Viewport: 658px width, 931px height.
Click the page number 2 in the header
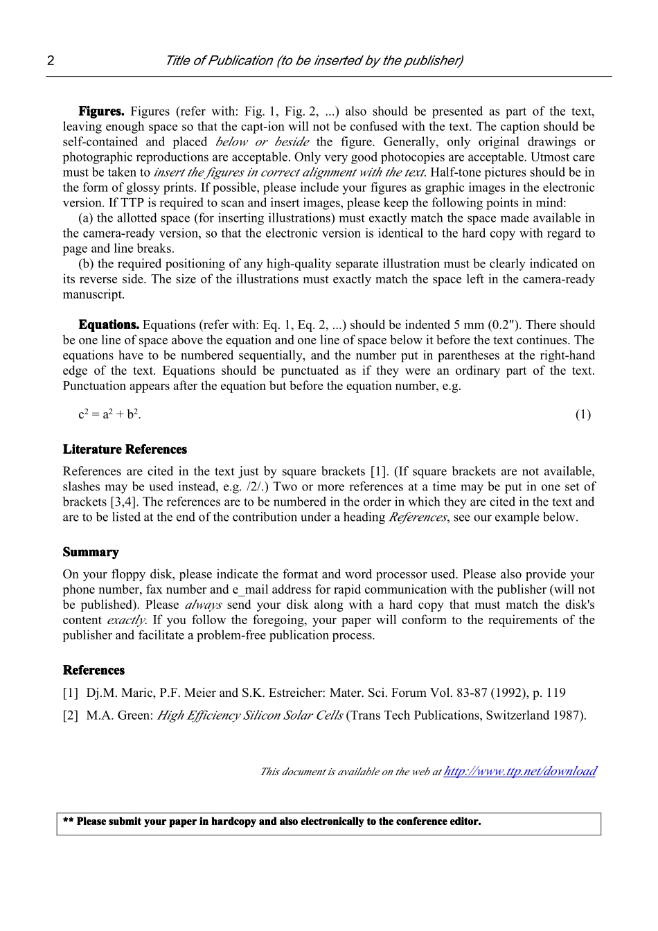(51, 60)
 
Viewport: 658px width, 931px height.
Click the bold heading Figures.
(101, 112)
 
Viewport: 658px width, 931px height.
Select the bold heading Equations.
(109, 325)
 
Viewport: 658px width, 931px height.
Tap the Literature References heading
(125, 450)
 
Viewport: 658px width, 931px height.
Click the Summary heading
(91, 552)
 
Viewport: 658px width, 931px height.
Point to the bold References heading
(94, 670)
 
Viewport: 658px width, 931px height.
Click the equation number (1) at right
(583, 415)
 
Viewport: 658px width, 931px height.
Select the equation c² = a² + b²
(110, 415)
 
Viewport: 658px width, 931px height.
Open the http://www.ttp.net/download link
(519, 771)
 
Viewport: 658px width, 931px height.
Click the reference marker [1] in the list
(71, 693)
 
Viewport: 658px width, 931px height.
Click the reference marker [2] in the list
(71, 716)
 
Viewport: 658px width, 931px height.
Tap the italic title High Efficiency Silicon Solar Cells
(249, 716)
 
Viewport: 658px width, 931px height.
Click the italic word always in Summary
(203, 605)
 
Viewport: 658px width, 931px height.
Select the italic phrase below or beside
(262, 142)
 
